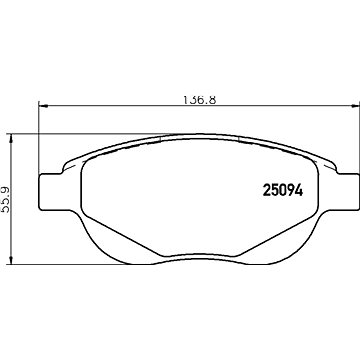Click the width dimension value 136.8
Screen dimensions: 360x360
[x=200, y=100]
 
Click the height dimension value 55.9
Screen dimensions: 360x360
[x=6, y=199]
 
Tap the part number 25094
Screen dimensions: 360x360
[x=283, y=190]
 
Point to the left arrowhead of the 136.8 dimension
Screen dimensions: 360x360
[x=44, y=106]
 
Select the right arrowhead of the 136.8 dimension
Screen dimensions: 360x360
[x=355, y=106]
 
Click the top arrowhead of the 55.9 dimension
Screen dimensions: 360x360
[x=12, y=139]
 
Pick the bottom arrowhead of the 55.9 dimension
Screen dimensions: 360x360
[x=12, y=260]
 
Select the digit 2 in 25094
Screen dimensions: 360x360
[x=267, y=190]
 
